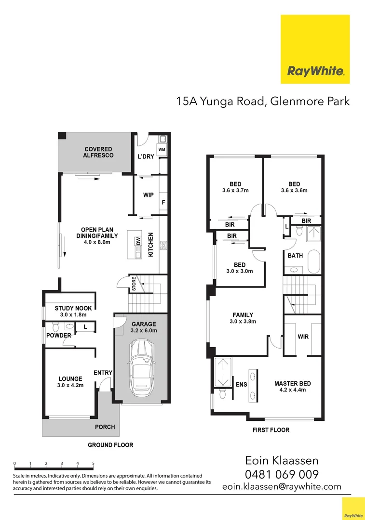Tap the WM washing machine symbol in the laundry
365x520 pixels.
162,150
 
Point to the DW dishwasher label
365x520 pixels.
138,242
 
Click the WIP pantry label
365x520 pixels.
148,195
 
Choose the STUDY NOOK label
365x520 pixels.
73,309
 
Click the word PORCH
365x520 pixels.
105,427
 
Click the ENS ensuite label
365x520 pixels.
241,385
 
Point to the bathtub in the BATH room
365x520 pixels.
314,262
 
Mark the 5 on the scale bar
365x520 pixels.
93,464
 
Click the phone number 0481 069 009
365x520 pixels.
282,474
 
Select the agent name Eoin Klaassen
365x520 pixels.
282,461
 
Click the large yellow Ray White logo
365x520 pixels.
315,49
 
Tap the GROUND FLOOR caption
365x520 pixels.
110,445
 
